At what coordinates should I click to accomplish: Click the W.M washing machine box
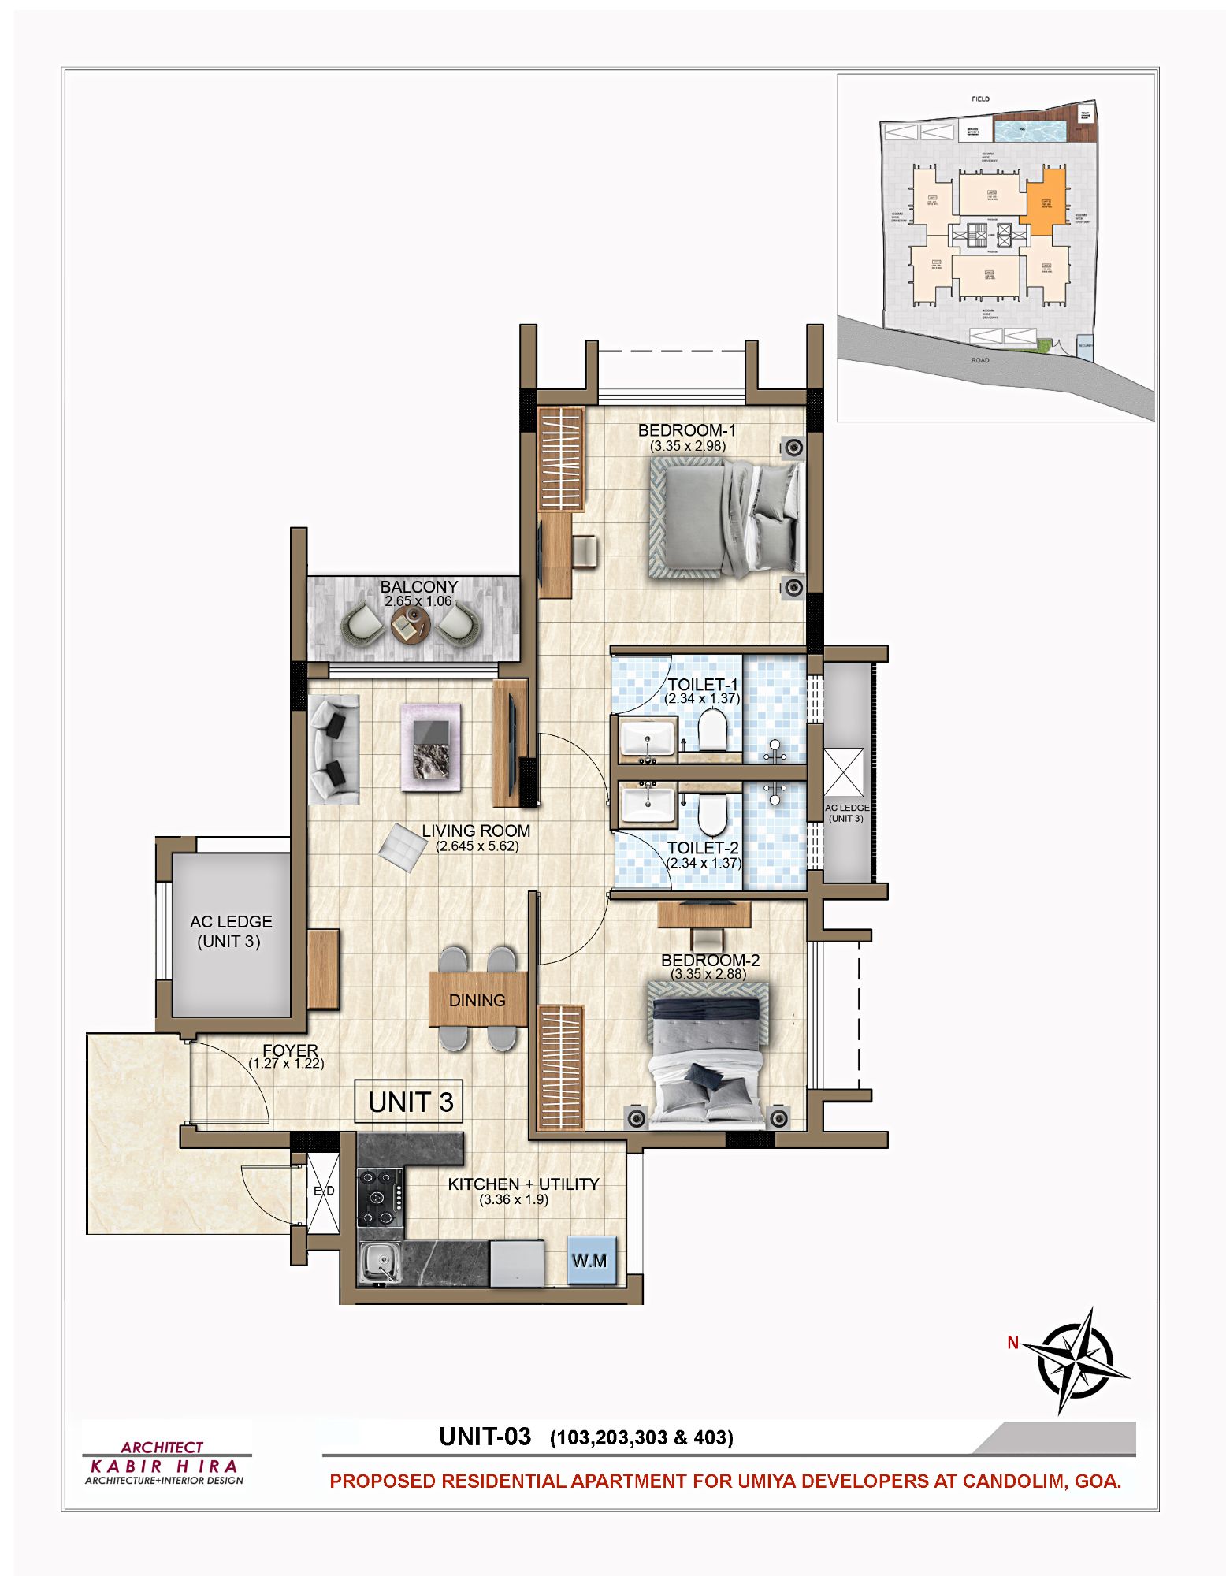[x=589, y=1260]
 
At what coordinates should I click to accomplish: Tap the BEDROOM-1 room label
[x=686, y=430]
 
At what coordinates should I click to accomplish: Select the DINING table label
[x=477, y=1000]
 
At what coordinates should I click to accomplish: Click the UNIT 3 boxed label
[x=409, y=1101]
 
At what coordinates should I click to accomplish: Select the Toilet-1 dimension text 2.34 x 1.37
[x=701, y=698]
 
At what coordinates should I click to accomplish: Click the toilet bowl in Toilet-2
[x=712, y=816]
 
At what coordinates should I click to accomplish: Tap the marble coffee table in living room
[x=431, y=748]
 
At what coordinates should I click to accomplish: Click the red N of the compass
[x=1012, y=1343]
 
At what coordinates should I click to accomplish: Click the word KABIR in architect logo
[x=125, y=1466]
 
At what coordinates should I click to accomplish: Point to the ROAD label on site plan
[x=979, y=360]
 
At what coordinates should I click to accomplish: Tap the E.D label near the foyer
[x=324, y=1191]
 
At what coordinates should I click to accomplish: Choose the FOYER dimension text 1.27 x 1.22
[x=286, y=1063]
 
